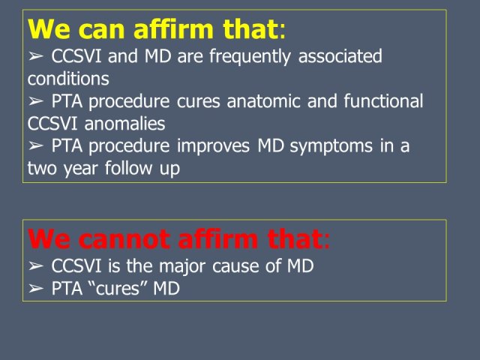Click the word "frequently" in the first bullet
250,57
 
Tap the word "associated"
340,56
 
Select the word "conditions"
68,78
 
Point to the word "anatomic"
263,101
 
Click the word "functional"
383,100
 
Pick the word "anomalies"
124,123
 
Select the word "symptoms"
331,147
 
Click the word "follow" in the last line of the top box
128,168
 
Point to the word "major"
181,266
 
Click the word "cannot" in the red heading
124,239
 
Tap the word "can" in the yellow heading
102,29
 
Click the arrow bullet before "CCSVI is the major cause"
35,266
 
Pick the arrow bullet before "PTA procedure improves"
35,146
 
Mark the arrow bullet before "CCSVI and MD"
35,56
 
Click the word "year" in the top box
80,169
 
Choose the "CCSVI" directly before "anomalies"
52,123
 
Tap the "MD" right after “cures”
166,288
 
